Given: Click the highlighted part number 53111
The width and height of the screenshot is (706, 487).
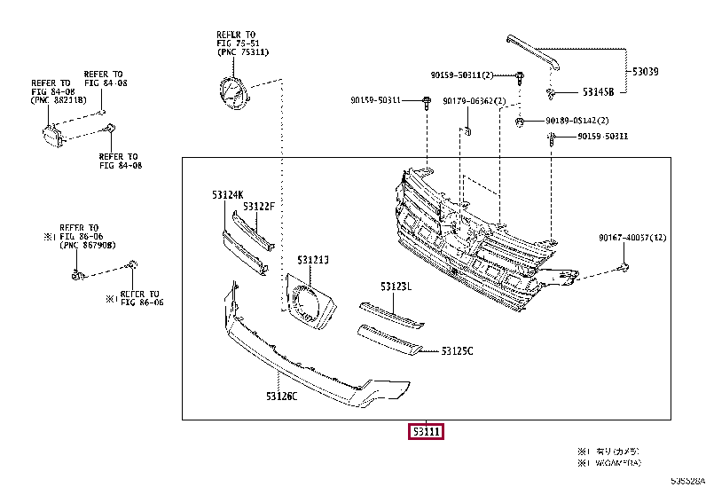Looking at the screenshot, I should coord(427,432).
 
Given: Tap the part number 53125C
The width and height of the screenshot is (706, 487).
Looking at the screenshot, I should coord(458,351).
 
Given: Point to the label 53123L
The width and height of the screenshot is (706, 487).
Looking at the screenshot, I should coord(397,287).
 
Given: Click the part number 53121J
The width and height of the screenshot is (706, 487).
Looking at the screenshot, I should coord(313,260).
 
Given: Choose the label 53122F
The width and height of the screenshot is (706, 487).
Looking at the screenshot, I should coord(260,206).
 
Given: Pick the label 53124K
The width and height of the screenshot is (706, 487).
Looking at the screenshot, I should coord(227,193).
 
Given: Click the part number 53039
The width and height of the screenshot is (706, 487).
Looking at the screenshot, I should coord(646,70).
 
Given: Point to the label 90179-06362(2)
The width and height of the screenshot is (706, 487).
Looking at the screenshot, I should coord(475,100).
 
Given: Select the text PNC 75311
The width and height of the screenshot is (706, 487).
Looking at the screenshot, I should coord(243,52).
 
